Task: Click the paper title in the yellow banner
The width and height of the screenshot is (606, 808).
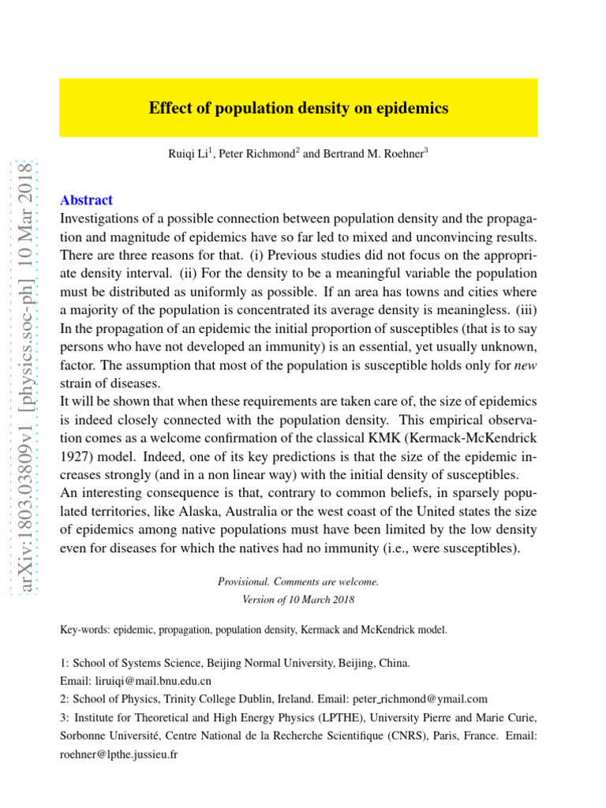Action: [298, 109]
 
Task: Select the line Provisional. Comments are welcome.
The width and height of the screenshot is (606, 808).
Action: [298, 582]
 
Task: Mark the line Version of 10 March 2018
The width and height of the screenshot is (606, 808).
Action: [298, 599]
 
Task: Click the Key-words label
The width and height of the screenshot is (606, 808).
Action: [84, 630]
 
